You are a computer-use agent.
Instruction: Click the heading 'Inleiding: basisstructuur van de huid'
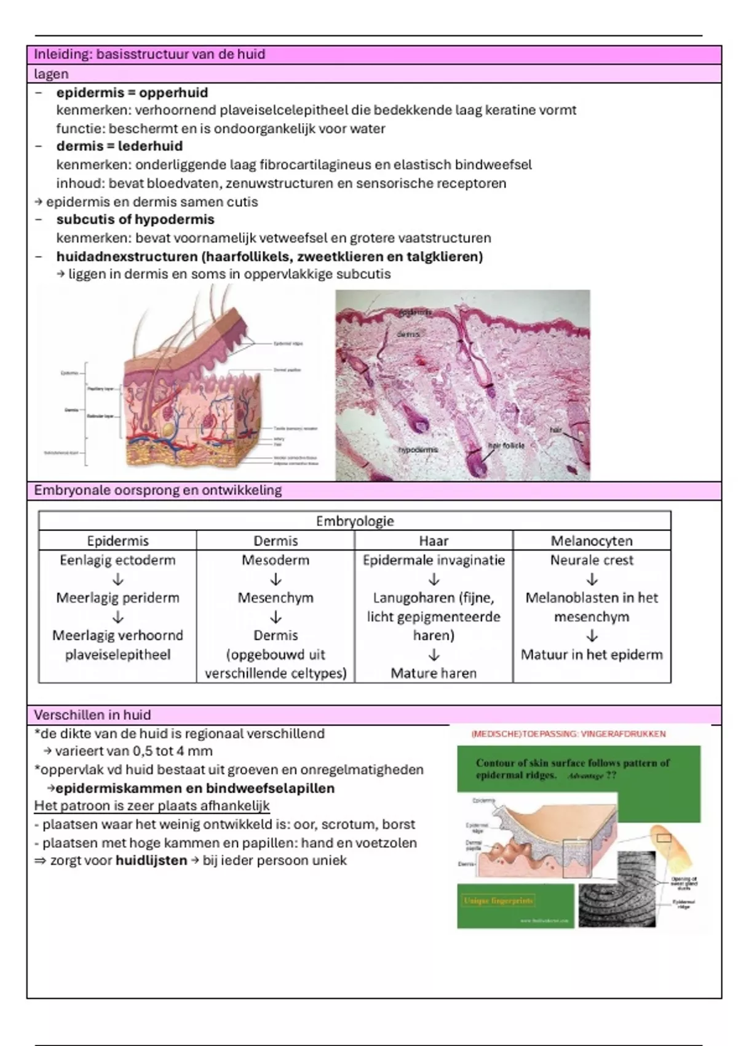[149, 54]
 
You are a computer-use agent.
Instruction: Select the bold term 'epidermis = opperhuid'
[132, 93]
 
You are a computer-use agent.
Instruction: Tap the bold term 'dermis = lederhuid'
[119, 146]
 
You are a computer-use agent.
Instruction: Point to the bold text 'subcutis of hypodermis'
[135, 220]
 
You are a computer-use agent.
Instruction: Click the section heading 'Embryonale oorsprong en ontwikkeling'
[157, 490]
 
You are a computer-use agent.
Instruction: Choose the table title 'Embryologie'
[355, 521]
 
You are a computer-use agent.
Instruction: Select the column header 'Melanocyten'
[592, 541]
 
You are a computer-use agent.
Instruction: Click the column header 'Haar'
[434, 541]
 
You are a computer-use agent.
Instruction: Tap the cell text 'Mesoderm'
[276, 560]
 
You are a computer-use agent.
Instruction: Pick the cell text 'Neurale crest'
[592, 560]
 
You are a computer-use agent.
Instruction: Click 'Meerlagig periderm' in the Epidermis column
[117, 597]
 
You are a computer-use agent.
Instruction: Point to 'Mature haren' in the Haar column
[434, 673]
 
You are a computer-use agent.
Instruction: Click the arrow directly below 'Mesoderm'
[276, 579]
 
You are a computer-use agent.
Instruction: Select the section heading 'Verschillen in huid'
[92, 715]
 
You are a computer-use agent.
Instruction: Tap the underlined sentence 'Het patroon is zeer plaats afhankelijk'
[152, 806]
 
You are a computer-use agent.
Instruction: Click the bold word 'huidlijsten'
[151, 860]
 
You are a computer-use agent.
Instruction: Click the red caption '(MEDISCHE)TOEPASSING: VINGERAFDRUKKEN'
[568, 734]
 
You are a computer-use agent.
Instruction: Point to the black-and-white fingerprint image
[616, 900]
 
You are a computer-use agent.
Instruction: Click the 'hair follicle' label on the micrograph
[506, 445]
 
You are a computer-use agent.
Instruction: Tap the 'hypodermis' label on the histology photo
[418, 450]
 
